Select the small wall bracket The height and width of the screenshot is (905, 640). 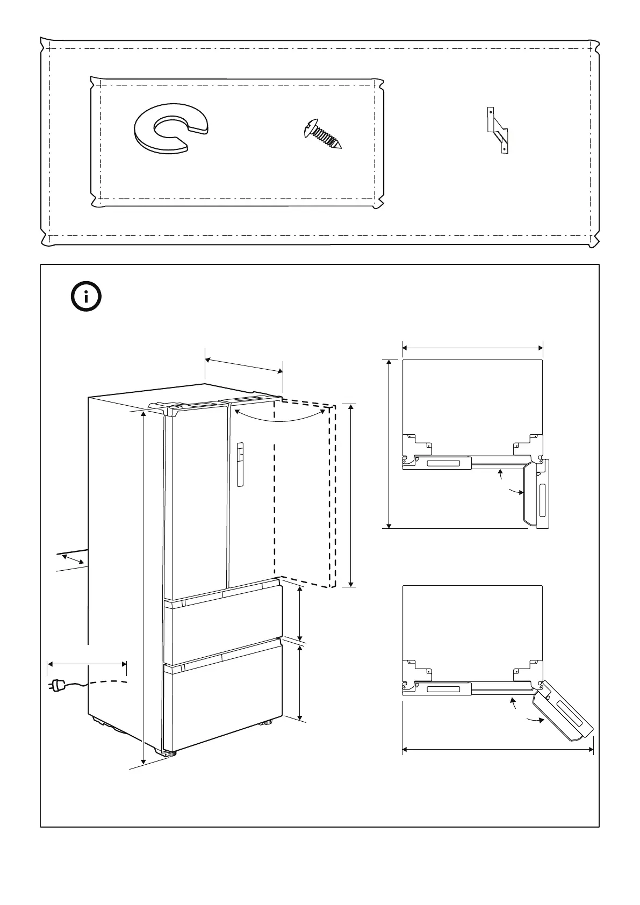click(498, 130)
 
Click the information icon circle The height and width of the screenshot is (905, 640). click(87, 296)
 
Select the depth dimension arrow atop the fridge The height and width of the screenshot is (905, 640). click(244, 365)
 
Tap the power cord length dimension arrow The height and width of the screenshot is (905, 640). click(87, 664)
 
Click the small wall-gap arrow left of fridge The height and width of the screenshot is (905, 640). click(73, 560)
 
